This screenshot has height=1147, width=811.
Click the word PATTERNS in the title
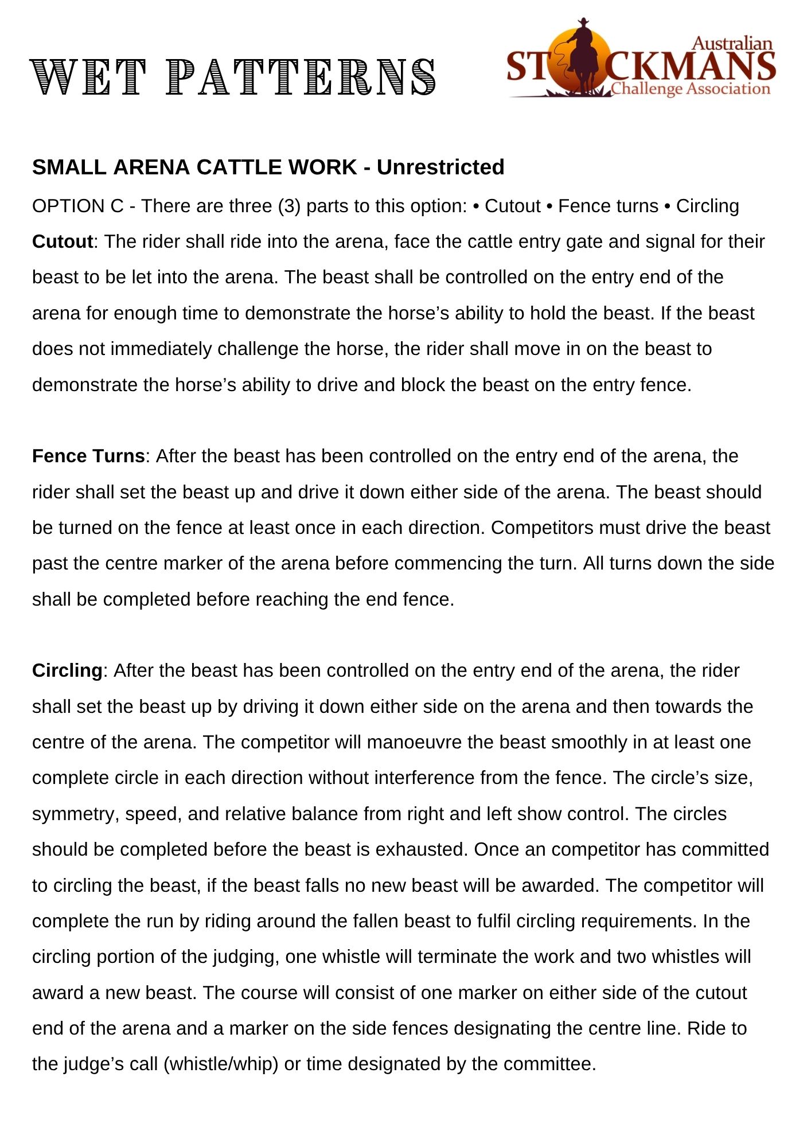pos(301,77)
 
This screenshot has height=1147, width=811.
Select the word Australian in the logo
pos(732,44)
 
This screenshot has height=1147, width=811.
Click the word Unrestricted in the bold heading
pos(440,167)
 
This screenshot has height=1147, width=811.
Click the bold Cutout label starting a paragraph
pos(63,241)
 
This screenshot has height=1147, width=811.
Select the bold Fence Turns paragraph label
pos(88,456)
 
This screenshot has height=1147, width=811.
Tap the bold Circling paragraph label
pos(67,670)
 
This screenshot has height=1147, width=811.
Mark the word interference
pos(420,778)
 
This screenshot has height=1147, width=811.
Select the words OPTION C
pos(77,206)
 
